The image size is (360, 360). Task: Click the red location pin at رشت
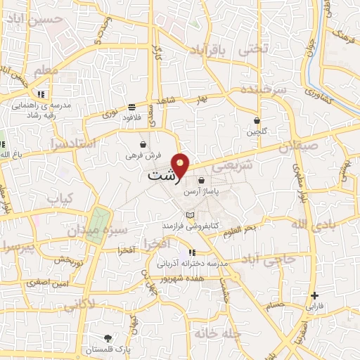pos(182,164)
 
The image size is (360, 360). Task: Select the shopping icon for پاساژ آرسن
pos(202,180)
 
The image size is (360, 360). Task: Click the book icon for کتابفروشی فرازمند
pos(188,214)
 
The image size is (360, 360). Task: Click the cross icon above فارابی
pos(314,295)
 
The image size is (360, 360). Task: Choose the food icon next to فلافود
pos(131,108)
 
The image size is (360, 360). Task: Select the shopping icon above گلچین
pos(257,120)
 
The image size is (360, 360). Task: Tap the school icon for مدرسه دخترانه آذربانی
pos(192,252)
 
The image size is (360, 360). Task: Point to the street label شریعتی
pos(229,167)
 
